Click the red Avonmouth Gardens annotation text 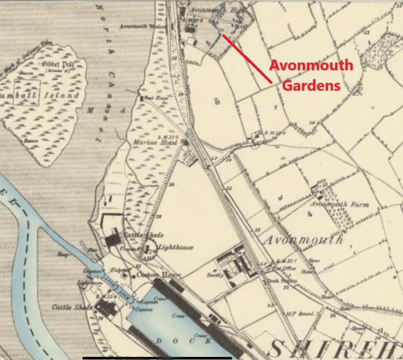[311, 75]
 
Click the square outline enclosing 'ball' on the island [27, 92]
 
